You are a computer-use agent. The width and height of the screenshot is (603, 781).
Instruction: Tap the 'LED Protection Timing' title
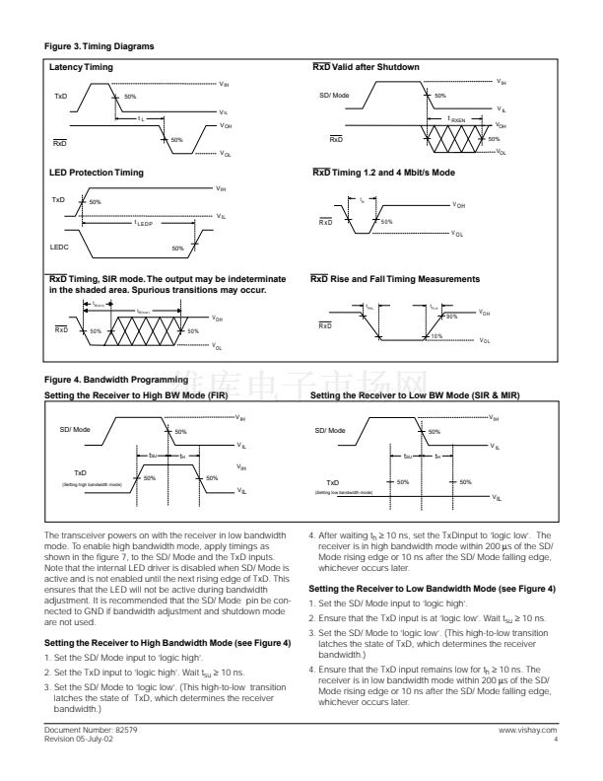[x=96, y=173]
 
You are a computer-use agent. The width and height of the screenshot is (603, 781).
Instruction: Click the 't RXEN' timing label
[x=457, y=118]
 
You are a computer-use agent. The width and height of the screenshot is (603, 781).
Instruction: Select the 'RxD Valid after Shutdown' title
[x=366, y=67]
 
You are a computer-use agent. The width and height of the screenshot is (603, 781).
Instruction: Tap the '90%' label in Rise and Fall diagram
[x=452, y=317]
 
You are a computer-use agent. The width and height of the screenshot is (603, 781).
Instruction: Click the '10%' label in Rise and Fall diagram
[x=436, y=337]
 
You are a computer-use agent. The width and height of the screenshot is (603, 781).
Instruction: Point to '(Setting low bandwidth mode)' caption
[x=344, y=491]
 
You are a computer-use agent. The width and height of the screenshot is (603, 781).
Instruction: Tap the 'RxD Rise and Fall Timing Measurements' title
[x=395, y=279]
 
